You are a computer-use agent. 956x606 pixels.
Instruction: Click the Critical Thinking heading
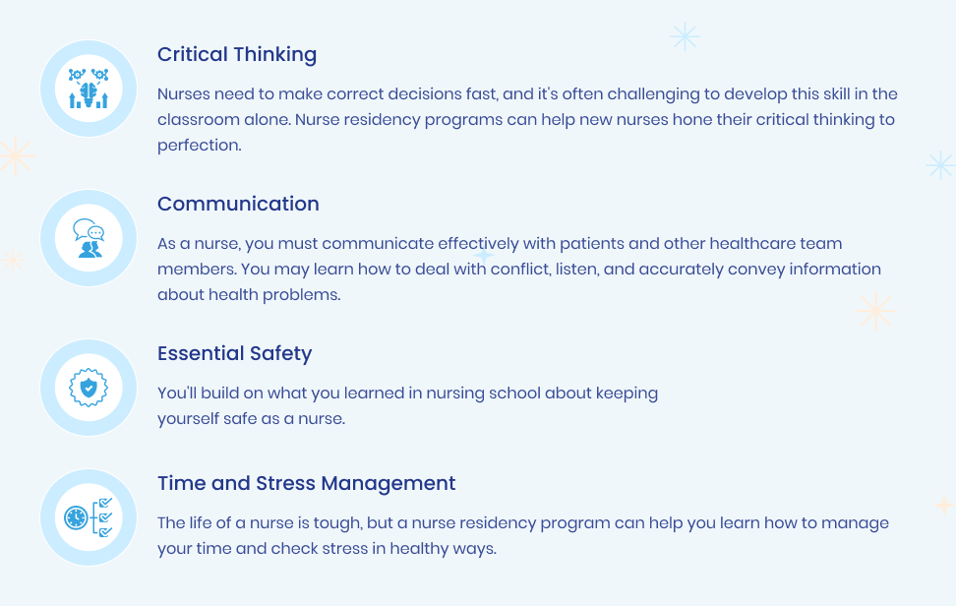[x=237, y=55]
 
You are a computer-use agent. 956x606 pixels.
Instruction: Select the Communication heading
[x=238, y=204]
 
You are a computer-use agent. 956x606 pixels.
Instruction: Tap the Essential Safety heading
[x=235, y=353]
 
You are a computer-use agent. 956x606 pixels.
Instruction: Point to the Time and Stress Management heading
[x=307, y=483]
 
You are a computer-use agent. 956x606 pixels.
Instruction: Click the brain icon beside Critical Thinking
[x=89, y=89]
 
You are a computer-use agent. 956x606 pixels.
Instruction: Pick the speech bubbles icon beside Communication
[x=89, y=238]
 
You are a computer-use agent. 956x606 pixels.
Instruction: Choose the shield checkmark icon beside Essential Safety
[x=89, y=388]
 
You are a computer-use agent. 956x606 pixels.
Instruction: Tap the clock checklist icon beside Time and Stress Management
[x=89, y=517]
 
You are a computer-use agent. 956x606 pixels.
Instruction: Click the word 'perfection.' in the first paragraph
[x=200, y=146]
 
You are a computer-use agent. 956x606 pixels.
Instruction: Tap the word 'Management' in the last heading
[x=388, y=483]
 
